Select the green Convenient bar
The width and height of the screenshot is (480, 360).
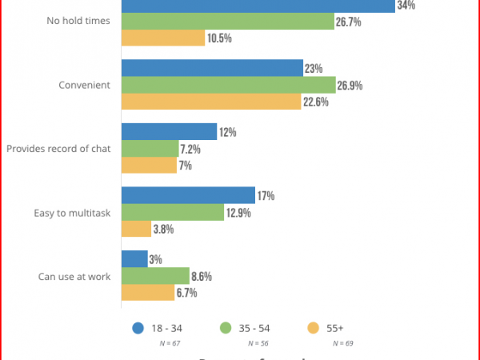click(x=228, y=85)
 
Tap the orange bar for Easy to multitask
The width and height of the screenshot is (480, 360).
click(x=136, y=229)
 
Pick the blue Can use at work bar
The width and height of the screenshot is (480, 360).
click(x=134, y=259)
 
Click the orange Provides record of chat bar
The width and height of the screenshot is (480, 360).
click(x=149, y=165)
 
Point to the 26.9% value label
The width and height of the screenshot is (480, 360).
click(x=351, y=86)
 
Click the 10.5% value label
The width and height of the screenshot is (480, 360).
click(x=220, y=38)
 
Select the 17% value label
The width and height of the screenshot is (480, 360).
click(x=266, y=195)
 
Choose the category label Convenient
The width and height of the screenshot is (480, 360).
click(x=85, y=85)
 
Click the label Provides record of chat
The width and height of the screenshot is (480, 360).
click(x=58, y=149)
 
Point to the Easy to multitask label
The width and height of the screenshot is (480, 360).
click(x=71, y=213)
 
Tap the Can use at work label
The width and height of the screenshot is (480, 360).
click(x=74, y=277)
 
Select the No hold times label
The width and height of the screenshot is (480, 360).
click(x=78, y=22)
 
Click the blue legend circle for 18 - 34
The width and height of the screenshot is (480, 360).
click(x=138, y=327)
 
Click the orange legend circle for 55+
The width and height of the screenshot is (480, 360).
click(x=314, y=327)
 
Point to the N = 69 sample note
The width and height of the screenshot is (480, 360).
click(x=342, y=343)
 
